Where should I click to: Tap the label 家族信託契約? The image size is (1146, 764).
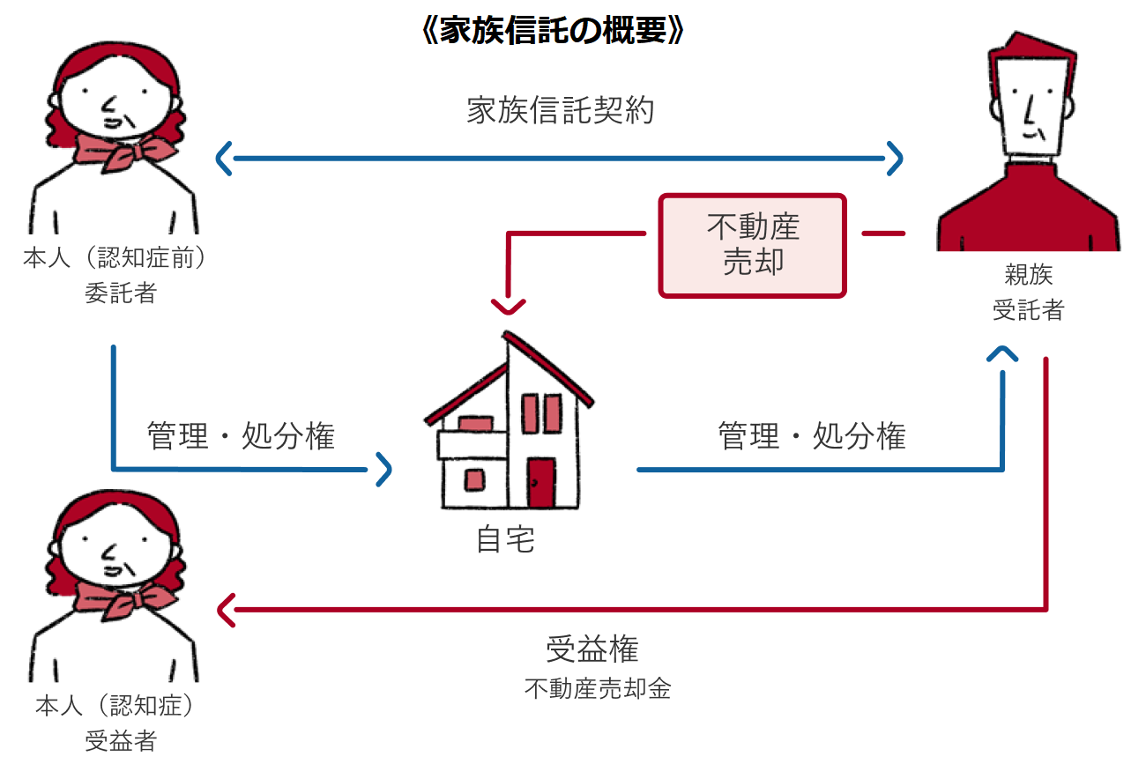(x=561, y=111)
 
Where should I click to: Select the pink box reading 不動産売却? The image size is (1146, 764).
(x=753, y=245)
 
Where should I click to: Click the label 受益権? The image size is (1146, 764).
(x=592, y=649)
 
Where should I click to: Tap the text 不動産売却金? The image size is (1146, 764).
(x=598, y=688)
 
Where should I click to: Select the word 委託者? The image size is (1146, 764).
(x=120, y=293)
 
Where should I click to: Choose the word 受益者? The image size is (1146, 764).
(x=120, y=741)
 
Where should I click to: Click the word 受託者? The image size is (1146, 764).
(x=1028, y=309)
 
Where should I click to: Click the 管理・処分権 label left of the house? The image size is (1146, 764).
(x=242, y=436)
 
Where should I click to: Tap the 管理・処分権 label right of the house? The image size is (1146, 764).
(x=812, y=436)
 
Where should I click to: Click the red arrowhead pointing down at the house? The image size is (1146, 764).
(x=508, y=306)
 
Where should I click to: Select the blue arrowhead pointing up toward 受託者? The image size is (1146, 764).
(x=1003, y=353)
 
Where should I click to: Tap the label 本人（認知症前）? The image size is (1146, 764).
(x=120, y=260)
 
